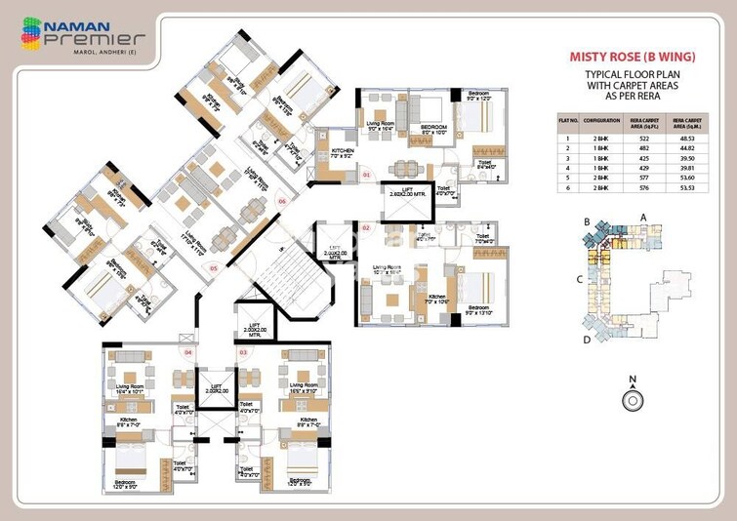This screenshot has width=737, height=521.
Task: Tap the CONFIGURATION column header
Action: pos(603,124)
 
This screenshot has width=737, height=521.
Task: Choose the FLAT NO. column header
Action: pos(568,124)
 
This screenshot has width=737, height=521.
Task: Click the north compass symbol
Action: pos(633,399)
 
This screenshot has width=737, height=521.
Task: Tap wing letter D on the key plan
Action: pos(586,339)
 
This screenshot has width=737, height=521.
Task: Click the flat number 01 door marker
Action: pos(366,175)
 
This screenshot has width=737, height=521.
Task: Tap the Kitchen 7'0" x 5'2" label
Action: pos(342,152)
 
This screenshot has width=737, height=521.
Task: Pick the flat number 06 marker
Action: pos(281,201)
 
